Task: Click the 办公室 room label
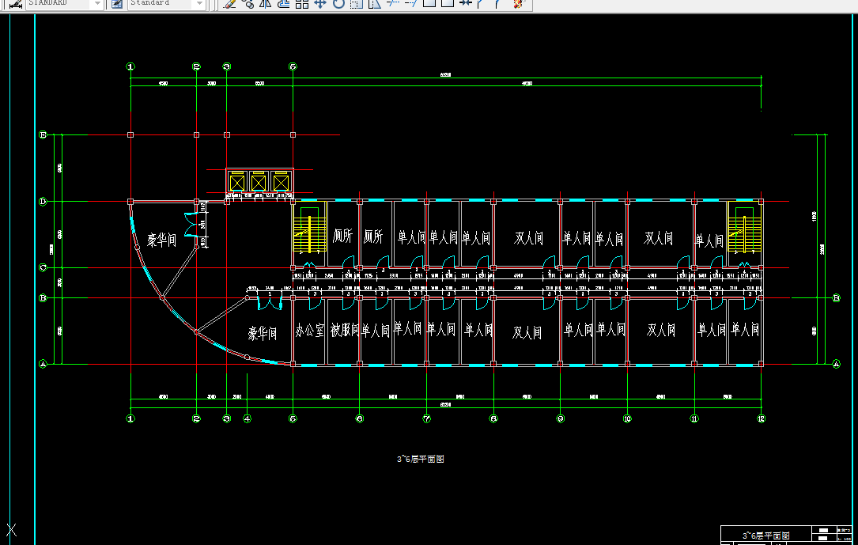point(309,331)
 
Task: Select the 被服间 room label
point(344,330)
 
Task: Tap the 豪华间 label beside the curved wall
point(161,240)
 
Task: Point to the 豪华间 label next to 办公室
point(262,334)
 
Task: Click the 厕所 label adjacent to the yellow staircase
point(341,237)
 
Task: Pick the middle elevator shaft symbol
point(259,183)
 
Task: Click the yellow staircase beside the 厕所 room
point(309,230)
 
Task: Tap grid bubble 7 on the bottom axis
point(426,418)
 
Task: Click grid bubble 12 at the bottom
point(761,418)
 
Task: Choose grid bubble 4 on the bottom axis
point(247,418)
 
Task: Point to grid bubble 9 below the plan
point(560,418)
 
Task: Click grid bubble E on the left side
point(43,135)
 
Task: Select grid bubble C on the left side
point(43,267)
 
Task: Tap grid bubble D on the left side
point(43,202)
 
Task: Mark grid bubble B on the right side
point(836,298)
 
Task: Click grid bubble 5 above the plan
point(293,67)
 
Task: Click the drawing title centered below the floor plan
point(420,459)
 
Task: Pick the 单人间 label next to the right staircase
point(709,240)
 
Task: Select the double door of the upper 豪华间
point(191,224)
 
